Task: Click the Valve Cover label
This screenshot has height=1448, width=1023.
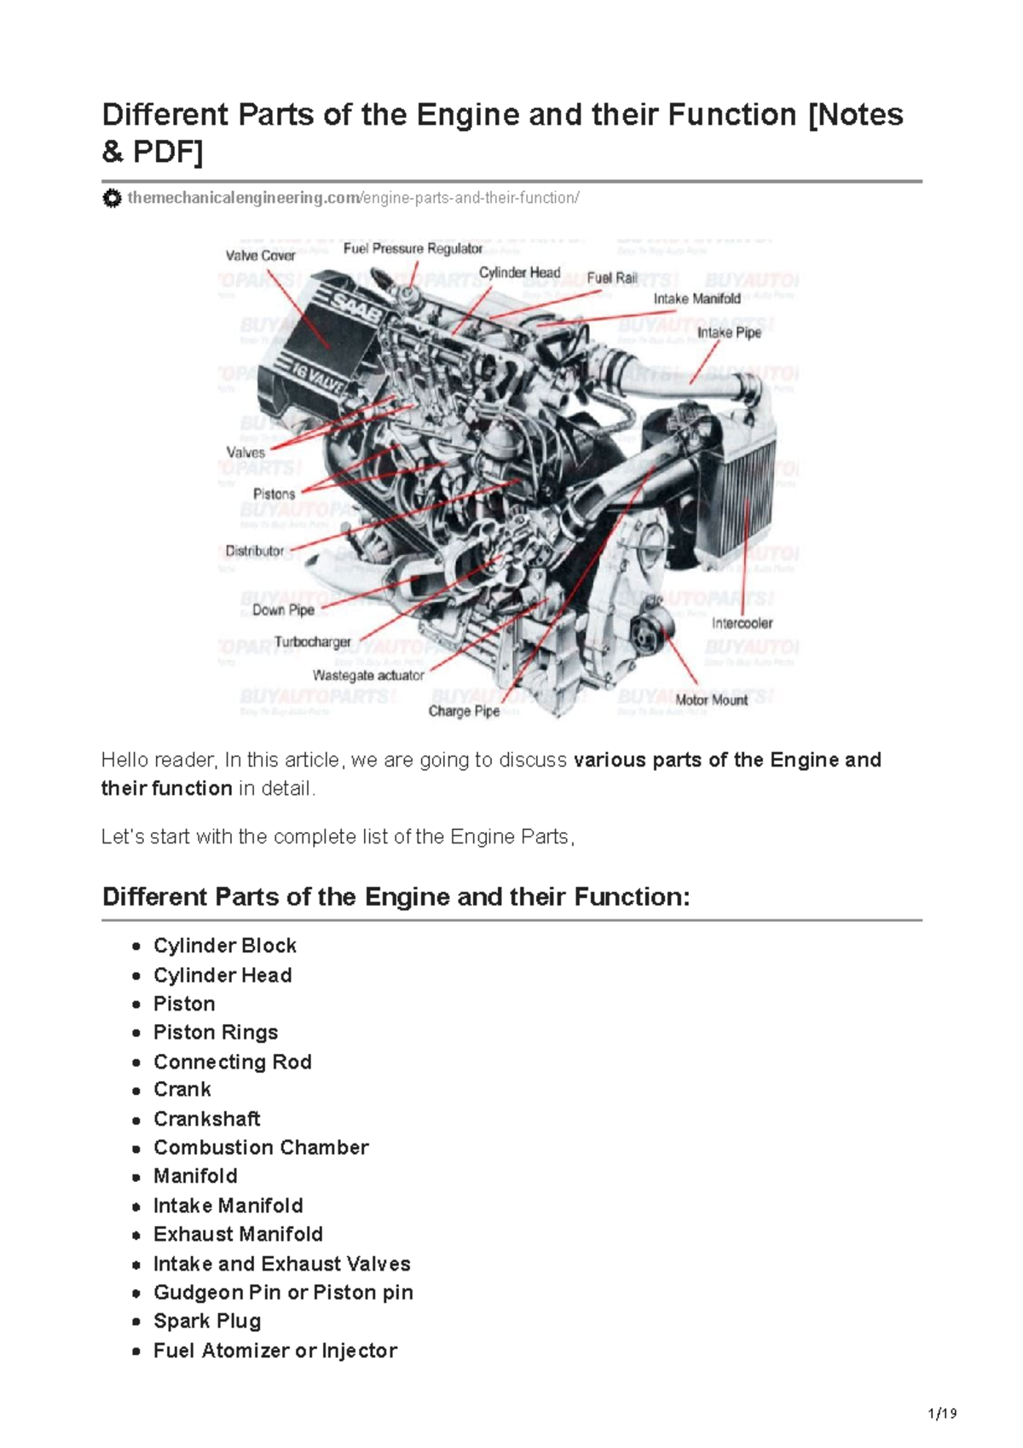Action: coord(260,255)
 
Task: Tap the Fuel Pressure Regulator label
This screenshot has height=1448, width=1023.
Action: coord(413,249)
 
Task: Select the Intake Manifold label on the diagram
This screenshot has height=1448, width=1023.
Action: coord(696,298)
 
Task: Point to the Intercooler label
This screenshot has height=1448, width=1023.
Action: coord(742,623)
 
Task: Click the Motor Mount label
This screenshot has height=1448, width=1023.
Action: coord(712,699)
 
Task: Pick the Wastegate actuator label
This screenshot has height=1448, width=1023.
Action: coord(368,675)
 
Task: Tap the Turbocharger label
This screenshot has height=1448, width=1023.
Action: coord(313,642)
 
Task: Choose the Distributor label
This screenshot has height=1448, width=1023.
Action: coord(255,551)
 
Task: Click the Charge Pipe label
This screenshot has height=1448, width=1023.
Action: coord(464,711)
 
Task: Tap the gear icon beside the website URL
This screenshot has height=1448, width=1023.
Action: coord(112,199)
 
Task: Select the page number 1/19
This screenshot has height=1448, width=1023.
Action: coord(941,1414)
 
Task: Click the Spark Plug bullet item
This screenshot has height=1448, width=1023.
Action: coord(207,1321)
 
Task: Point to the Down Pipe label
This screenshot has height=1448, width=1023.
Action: coord(283,610)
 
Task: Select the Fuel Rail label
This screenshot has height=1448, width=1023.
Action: coord(612,278)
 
